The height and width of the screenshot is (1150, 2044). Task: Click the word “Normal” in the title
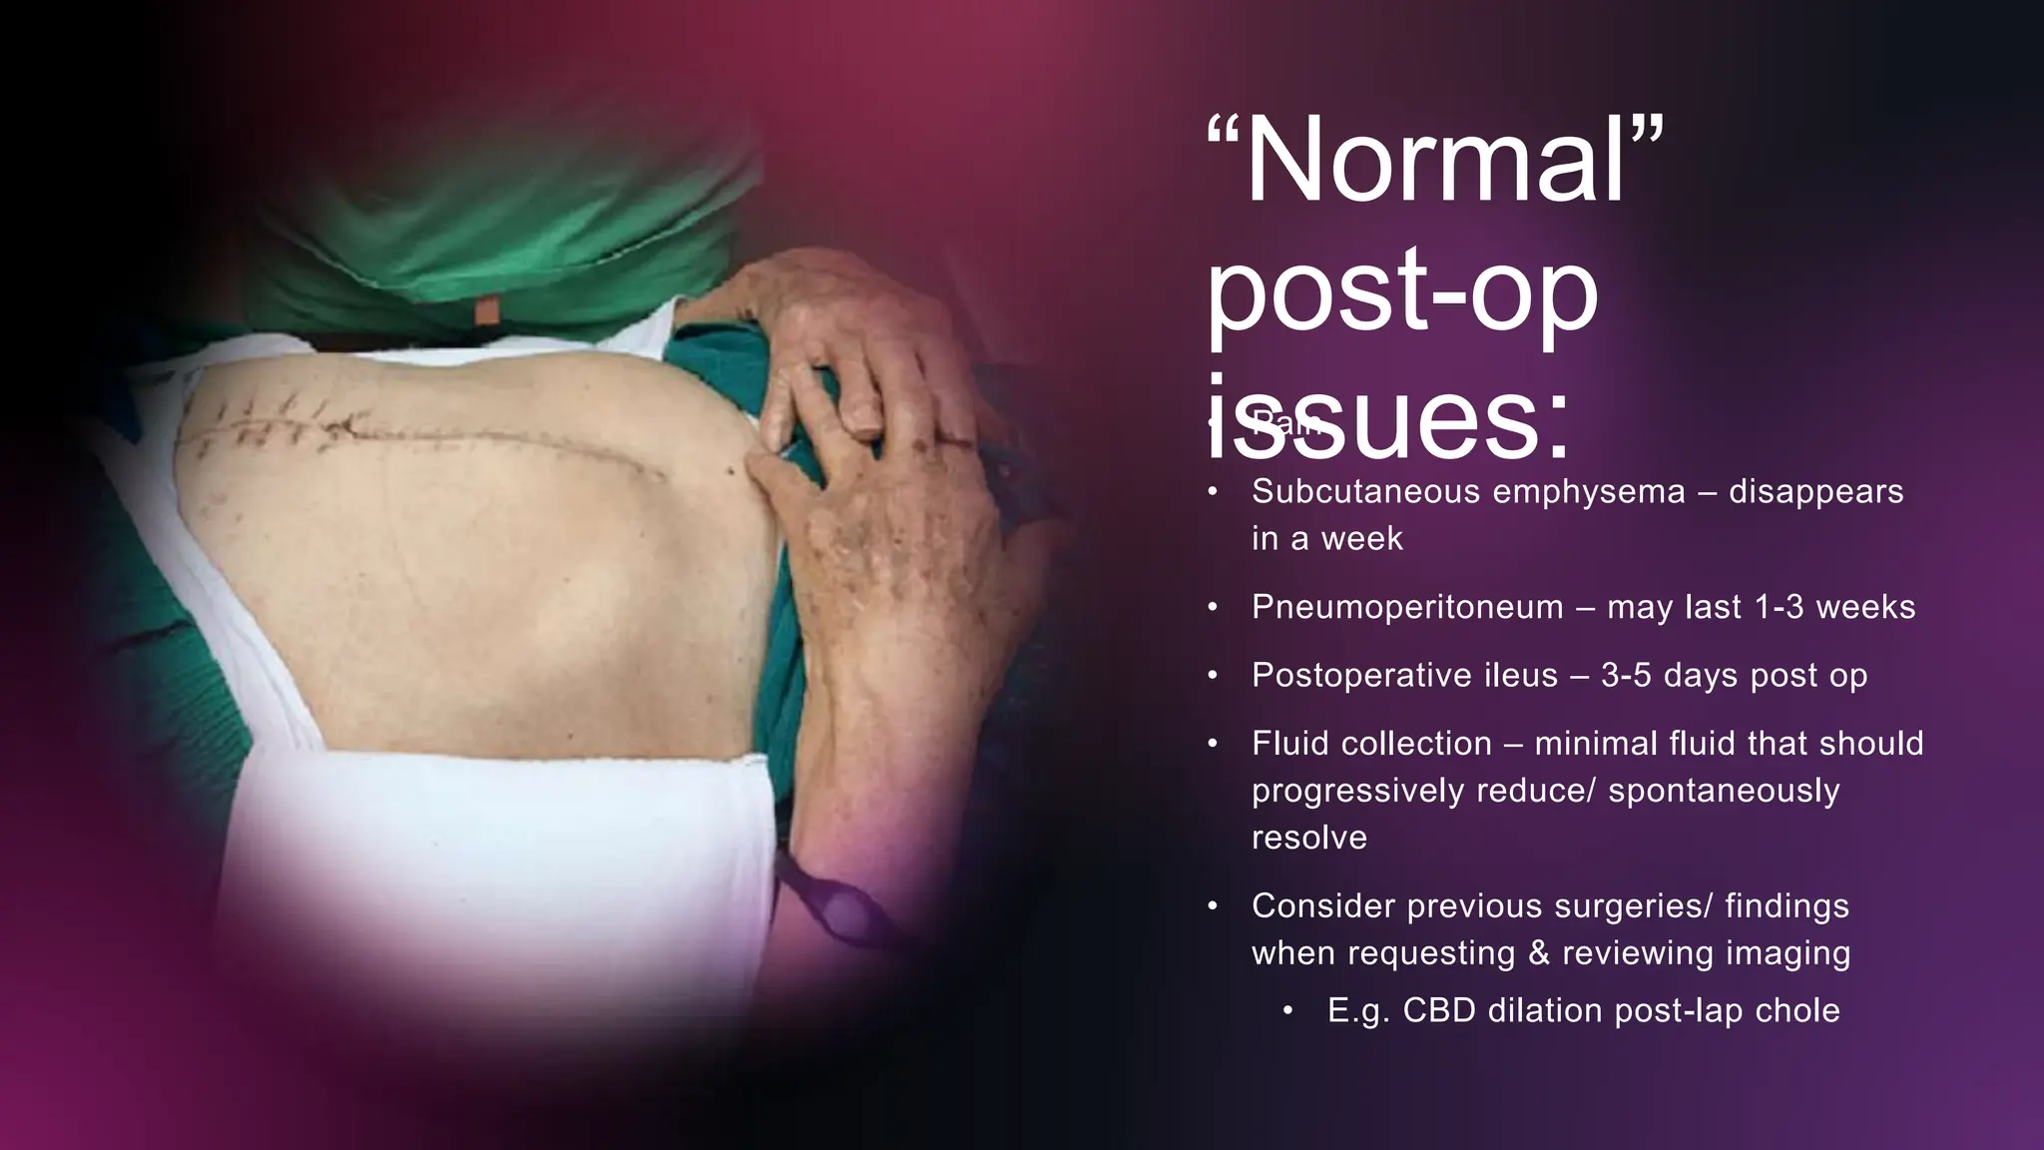[x=1435, y=162]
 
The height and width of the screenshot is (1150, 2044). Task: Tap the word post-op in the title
[x=1402, y=291]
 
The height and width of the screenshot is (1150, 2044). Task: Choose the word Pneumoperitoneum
[x=1407, y=607]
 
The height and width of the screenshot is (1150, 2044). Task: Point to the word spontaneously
[x=1724, y=791]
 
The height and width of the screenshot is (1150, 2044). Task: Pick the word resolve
[x=1308, y=838]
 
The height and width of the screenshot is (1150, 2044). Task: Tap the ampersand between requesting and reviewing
[x=1540, y=953]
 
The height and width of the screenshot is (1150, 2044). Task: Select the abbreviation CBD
[x=1438, y=1011]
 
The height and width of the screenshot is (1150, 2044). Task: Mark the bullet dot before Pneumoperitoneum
[x=1212, y=607]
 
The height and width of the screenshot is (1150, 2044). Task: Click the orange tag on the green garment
[x=487, y=310]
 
